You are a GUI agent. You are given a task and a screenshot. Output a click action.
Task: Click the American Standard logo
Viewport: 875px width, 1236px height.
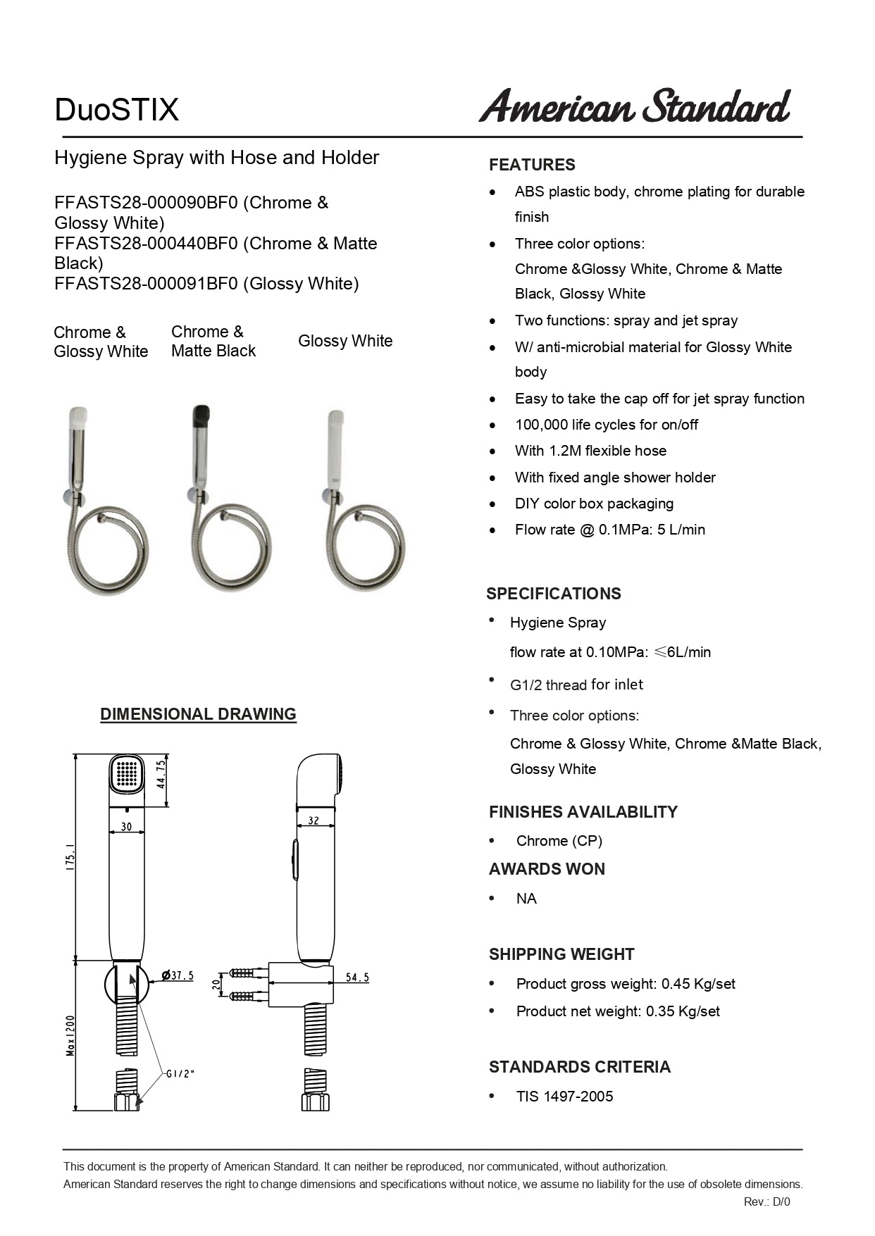pyautogui.click(x=634, y=106)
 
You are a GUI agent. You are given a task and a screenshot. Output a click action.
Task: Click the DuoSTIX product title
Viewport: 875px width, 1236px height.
pyautogui.click(x=117, y=110)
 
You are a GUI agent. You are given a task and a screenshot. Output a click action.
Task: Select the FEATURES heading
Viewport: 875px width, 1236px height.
pyautogui.click(x=532, y=165)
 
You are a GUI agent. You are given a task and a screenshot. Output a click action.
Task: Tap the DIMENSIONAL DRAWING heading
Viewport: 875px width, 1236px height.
pyautogui.click(x=198, y=714)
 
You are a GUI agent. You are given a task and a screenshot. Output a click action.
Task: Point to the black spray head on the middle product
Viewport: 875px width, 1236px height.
pyautogui.click(x=201, y=414)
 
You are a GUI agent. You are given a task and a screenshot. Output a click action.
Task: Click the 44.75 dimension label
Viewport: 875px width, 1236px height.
pyautogui.click(x=161, y=773)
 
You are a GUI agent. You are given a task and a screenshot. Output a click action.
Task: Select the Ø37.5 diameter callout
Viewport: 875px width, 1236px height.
pyautogui.click(x=178, y=976)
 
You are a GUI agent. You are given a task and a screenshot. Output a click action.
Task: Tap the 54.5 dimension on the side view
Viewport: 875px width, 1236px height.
pyautogui.click(x=357, y=978)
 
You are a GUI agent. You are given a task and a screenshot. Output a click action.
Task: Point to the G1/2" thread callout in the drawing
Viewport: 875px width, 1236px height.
pyautogui.click(x=180, y=1074)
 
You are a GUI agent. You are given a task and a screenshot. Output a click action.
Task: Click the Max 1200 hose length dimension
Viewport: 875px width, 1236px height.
pyautogui.click(x=70, y=1035)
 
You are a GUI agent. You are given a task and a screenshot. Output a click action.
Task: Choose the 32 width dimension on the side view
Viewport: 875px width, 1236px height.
pyautogui.click(x=314, y=820)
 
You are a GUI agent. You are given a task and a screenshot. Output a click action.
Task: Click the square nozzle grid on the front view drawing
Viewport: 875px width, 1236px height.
pyautogui.click(x=127, y=773)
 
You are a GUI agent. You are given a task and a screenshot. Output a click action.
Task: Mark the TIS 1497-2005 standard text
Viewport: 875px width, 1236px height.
pyautogui.click(x=564, y=1097)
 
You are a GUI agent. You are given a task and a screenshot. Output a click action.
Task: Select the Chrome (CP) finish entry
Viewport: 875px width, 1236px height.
pyautogui.click(x=559, y=841)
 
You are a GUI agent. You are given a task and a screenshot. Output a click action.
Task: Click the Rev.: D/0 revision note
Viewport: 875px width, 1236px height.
pyautogui.click(x=767, y=1202)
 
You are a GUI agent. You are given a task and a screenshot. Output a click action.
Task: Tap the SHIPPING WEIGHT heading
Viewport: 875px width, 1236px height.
pyautogui.click(x=561, y=954)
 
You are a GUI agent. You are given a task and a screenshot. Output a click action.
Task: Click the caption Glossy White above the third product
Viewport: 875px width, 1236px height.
pyautogui.click(x=345, y=341)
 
